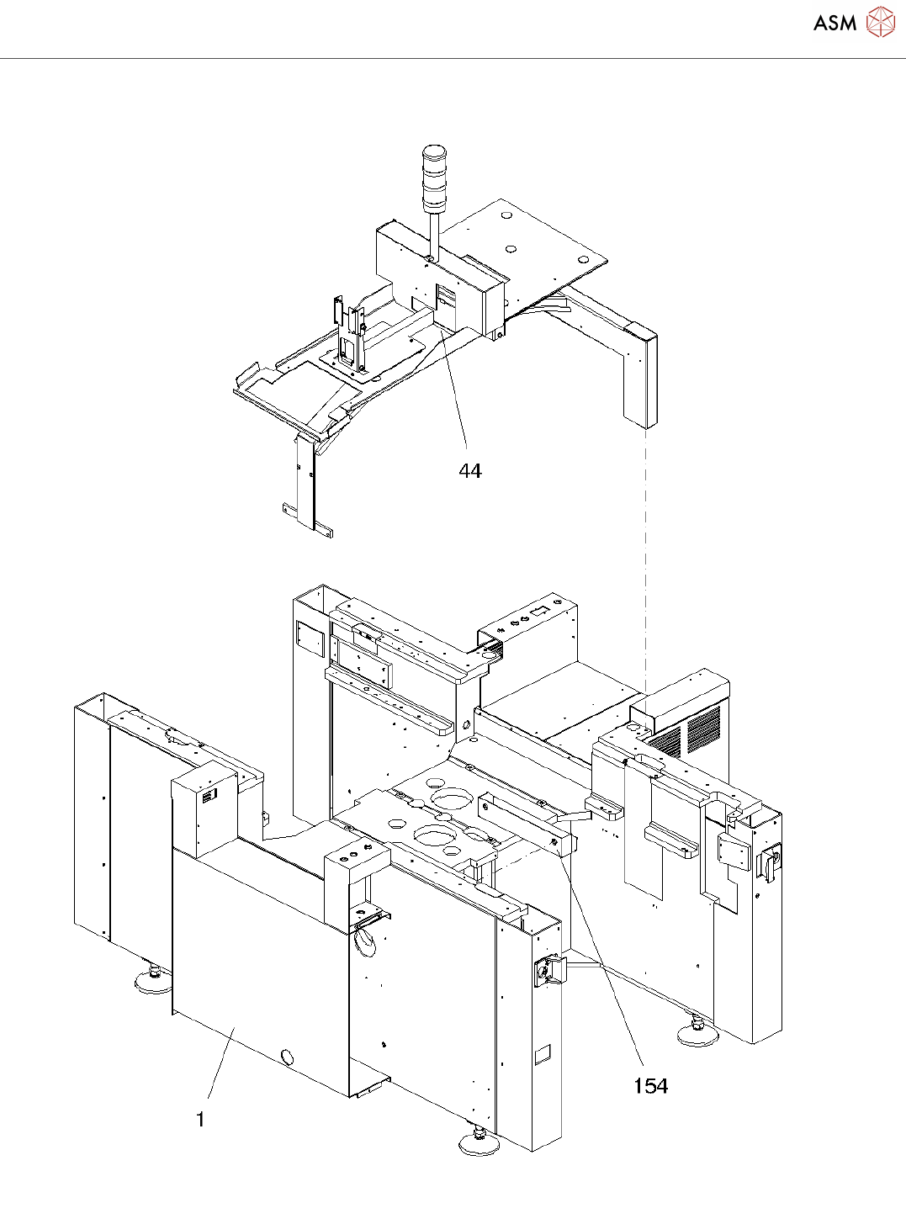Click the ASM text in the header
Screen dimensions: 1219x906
coord(834,24)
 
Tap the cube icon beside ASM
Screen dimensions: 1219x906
coord(880,22)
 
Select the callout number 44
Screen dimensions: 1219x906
coord(470,471)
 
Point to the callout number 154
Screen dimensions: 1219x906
coord(650,1086)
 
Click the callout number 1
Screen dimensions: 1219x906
coord(200,1120)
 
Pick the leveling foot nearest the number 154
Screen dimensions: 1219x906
coord(697,1036)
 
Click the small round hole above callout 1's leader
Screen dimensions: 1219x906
coord(288,1057)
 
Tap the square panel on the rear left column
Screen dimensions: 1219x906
coord(310,640)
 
